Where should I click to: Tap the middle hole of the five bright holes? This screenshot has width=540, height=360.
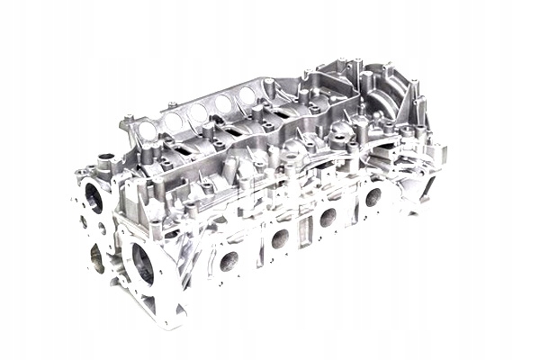(x=197, y=112)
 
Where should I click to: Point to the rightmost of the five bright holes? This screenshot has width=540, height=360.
(x=247, y=94)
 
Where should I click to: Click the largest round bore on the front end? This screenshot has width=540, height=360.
(x=143, y=261)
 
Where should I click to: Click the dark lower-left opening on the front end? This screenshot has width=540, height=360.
(x=96, y=258)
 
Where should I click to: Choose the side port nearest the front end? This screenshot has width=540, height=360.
(x=229, y=261)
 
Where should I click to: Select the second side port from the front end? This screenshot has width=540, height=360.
(x=281, y=238)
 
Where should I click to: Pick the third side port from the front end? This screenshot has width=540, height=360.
(x=328, y=217)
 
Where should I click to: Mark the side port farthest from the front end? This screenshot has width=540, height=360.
(x=373, y=197)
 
